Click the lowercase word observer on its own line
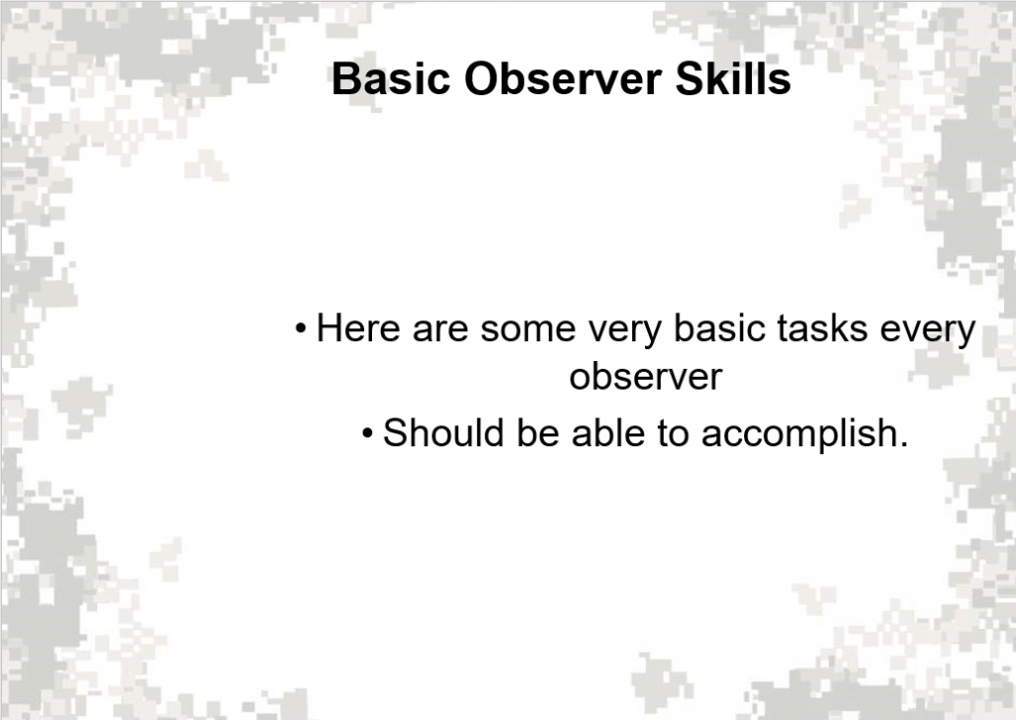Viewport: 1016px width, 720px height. pyautogui.click(x=645, y=378)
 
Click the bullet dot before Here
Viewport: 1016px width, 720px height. pyautogui.click(x=301, y=328)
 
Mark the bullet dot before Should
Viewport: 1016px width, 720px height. pyautogui.click(x=368, y=433)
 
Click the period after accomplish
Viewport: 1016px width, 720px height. pyautogui.click(x=903, y=444)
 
